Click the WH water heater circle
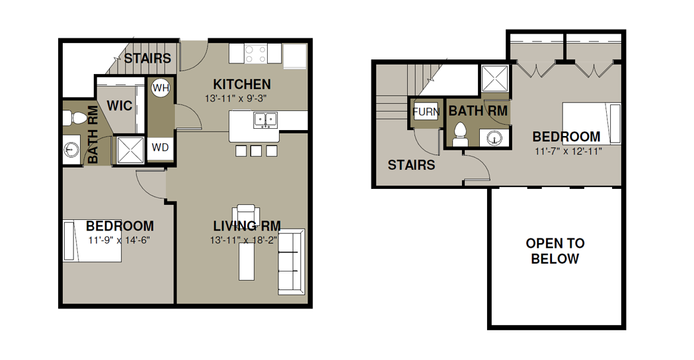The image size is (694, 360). click(161, 88)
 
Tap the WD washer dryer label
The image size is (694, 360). click(160, 147)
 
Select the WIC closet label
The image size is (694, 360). click(120, 106)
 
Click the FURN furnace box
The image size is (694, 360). click(426, 112)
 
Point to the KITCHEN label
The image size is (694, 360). click(242, 84)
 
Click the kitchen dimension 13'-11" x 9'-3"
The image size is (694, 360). click(235, 98)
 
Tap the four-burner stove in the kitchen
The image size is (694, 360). click(256, 54)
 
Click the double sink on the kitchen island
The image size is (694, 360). click(266, 120)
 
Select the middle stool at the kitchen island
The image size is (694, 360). click(256, 151)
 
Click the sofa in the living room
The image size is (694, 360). click(291, 262)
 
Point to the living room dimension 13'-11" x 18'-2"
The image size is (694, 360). click(244, 240)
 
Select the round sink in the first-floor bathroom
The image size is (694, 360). click(71, 149)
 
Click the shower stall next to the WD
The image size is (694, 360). click(130, 151)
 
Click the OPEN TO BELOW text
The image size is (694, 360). click(555, 251)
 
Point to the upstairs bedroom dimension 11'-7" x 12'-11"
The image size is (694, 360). click(568, 152)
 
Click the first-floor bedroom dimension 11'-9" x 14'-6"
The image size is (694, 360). click(120, 240)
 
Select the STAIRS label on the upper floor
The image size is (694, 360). click(411, 165)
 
